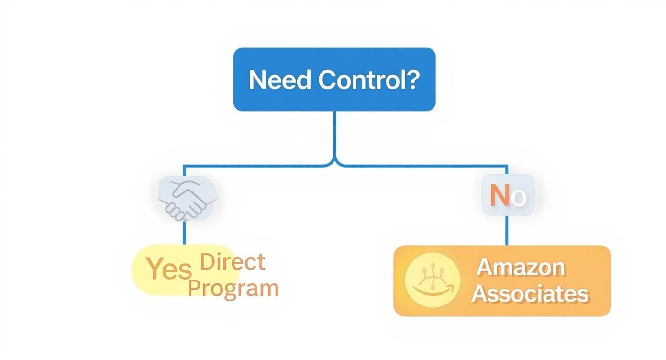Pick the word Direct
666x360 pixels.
[232, 261]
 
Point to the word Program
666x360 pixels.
[233, 288]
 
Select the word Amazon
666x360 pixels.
[521, 267]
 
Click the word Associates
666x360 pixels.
[530, 293]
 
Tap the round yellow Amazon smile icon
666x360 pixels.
[432, 281]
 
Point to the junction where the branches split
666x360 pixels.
[334, 163]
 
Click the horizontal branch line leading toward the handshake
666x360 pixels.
[254, 166]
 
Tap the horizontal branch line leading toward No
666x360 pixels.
[421, 166]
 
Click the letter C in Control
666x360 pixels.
[326, 80]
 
